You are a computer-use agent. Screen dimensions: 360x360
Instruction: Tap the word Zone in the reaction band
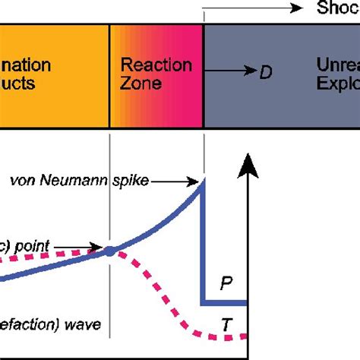(x=141, y=83)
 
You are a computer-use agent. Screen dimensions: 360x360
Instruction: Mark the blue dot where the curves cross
(x=111, y=250)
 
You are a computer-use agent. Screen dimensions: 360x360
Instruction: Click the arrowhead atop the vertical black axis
(x=246, y=162)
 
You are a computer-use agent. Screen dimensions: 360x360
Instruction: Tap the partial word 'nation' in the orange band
(x=27, y=65)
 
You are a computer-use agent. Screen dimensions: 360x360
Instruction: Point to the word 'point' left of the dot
(x=36, y=247)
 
